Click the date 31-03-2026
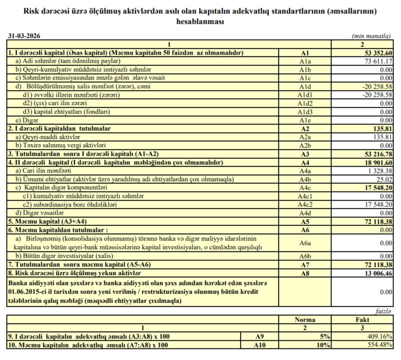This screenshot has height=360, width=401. point(20,37)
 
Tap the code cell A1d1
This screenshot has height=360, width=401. point(305,95)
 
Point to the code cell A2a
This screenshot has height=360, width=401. point(305,137)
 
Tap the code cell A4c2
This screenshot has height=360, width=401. point(305,204)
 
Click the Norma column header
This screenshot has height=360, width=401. point(305,320)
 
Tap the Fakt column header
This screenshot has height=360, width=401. point(362,320)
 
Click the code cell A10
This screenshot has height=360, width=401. point(259,344)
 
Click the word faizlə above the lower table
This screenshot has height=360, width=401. point(385,311)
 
